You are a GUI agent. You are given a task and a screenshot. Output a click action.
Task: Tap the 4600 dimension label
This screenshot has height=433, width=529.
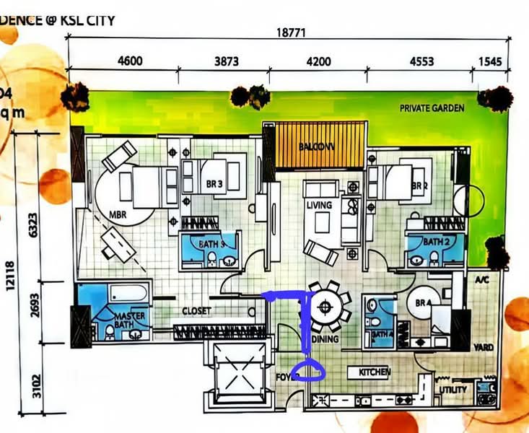click(x=130, y=61)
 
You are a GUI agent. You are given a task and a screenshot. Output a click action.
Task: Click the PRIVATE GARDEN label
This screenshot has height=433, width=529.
click(x=432, y=108)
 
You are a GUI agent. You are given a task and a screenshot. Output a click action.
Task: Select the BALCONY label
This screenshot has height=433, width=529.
click(x=318, y=146)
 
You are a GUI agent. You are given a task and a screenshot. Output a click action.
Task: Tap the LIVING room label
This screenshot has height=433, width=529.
click(x=318, y=206)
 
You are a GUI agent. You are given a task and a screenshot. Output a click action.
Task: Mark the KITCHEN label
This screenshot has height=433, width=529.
click(x=375, y=372)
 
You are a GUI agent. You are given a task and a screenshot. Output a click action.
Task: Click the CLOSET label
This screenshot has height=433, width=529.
click(x=196, y=311)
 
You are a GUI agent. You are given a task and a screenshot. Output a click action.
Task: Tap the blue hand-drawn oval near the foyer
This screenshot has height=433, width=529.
click(x=312, y=370)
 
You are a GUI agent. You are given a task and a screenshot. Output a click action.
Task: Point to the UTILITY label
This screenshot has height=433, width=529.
click(x=453, y=390)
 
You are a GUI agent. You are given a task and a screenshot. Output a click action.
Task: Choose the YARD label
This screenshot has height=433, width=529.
click(x=483, y=348)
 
